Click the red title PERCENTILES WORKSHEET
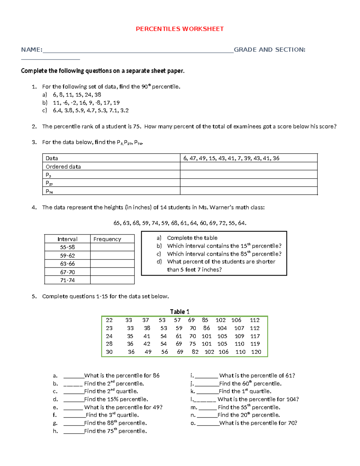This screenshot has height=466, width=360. [x=180, y=29]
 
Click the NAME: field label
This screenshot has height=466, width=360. [x=31, y=50]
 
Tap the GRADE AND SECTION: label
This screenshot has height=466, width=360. [x=269, y=50]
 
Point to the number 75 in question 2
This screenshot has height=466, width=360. [x=137, y=126]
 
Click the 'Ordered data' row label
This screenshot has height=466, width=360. [x=63, y=167]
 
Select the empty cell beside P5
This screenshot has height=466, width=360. [x=248, y=175]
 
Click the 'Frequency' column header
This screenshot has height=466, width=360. [x=107, y=239]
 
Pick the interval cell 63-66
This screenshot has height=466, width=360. [x=67, y=264]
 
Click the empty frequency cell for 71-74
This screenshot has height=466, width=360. [x=112, y=280]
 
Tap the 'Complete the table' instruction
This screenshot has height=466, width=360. [x=192, y=238]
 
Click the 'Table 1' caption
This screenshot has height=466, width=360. [x=180, y=311]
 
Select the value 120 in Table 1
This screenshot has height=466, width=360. [x=256, y=352]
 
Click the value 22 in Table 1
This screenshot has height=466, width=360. [x=109, y=320]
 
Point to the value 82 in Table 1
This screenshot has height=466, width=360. [x=195, y=352]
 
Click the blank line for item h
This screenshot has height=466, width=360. [x=73, y=431]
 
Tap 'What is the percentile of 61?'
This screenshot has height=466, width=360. [x=257, y=375]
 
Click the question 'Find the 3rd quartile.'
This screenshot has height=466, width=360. [x=112, y=415]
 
